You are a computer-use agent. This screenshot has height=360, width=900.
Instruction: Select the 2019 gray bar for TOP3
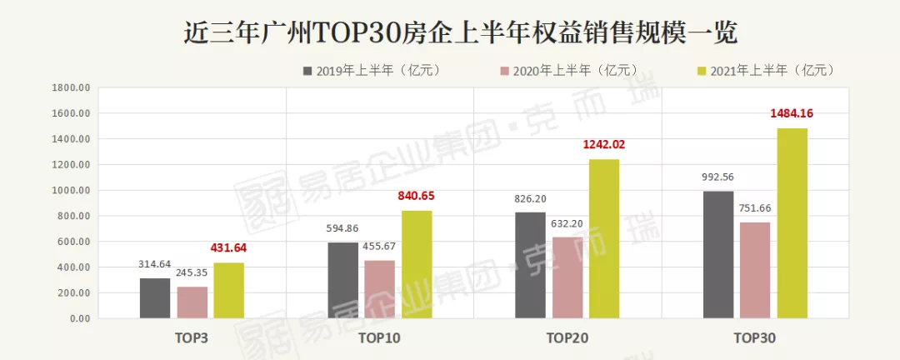(x=154, y=297)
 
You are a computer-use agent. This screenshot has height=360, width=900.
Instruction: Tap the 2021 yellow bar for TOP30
(x=792, y=223)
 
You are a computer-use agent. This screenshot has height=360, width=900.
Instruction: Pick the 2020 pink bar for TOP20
(x=567, y=277)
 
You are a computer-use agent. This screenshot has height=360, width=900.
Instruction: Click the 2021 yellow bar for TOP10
(x=417, y=264)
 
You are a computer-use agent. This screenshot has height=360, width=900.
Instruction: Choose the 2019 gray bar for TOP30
(x=718, y=255)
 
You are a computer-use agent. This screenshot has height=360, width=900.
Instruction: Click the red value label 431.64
(x=228, y=247)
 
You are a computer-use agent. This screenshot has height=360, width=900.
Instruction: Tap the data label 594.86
(x=342, y=227)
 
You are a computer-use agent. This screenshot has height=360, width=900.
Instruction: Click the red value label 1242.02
(x=604, y=144)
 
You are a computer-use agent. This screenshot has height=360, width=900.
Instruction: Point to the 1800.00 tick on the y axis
(x=70, y=87)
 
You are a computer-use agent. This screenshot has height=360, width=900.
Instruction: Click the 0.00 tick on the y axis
(x=78, y=318)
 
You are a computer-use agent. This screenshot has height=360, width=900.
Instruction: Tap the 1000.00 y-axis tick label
(x=70, y=190)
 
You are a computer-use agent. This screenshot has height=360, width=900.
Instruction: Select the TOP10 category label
(x=380, y=337)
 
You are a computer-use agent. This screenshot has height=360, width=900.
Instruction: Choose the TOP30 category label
(x=755, y=337)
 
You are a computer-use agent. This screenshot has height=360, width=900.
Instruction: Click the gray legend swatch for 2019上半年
(x=307, y=71)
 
